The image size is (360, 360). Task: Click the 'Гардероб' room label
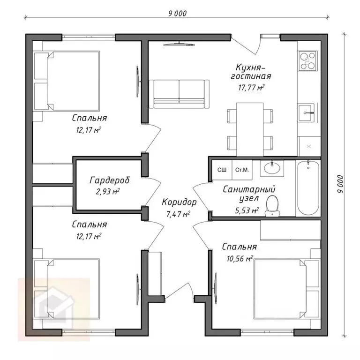pos(110,180)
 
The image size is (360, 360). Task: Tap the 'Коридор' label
pos(179,202)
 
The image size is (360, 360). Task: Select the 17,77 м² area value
pos(251,88)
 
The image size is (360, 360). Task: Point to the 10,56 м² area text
pos(240,259)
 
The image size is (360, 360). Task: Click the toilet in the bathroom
pos(272,206)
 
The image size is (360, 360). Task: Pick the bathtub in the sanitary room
pos(308,188)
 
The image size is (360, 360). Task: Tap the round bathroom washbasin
pos(272,168)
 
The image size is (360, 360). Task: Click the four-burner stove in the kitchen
pos(307,60)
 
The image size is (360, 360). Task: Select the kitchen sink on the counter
pos(306,112)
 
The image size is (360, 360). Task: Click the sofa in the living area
pos(179,94)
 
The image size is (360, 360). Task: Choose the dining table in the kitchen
pos(250,129)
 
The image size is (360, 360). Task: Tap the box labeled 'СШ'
pos(222,170)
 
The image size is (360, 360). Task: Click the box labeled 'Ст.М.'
pos(242,170)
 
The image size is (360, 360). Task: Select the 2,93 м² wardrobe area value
pos(108,191)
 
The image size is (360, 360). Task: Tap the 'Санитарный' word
pos(249,190)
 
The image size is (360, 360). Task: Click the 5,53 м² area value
pos(247,210)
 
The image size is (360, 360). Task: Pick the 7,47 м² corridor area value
pos(178,214)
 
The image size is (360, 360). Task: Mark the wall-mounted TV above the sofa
pos(179,45)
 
